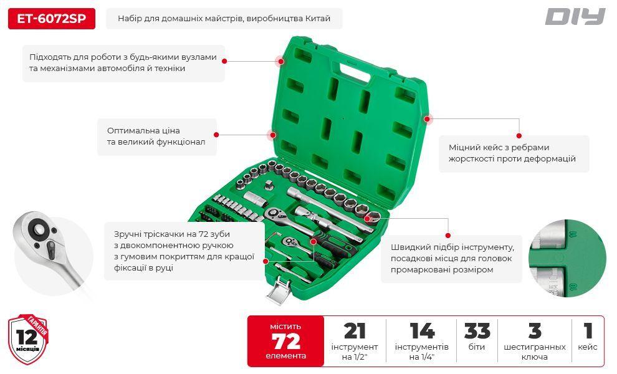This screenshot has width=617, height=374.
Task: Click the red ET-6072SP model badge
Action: click(52, 19)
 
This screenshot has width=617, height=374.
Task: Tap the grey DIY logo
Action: click(575, 17)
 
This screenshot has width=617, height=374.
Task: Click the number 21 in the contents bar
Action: click(355, 331)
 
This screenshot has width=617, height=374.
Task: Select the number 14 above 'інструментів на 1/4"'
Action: click(422, 331)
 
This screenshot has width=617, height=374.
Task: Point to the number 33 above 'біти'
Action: click(477, 331)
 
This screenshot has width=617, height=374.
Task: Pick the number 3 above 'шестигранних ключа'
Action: click(535, 331)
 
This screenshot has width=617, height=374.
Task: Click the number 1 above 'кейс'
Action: click(588, 331)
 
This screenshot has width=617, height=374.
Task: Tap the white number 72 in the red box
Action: click(285, 341)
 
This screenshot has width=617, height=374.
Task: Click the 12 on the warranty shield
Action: click(27, 337)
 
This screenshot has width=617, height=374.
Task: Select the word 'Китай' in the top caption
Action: click(318, 19)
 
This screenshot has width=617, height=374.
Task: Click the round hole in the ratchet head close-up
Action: click(39, 229)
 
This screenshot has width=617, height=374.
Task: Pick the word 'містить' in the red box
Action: click(285, 327)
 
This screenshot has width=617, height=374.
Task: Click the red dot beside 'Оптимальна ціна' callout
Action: click(216, 135)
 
